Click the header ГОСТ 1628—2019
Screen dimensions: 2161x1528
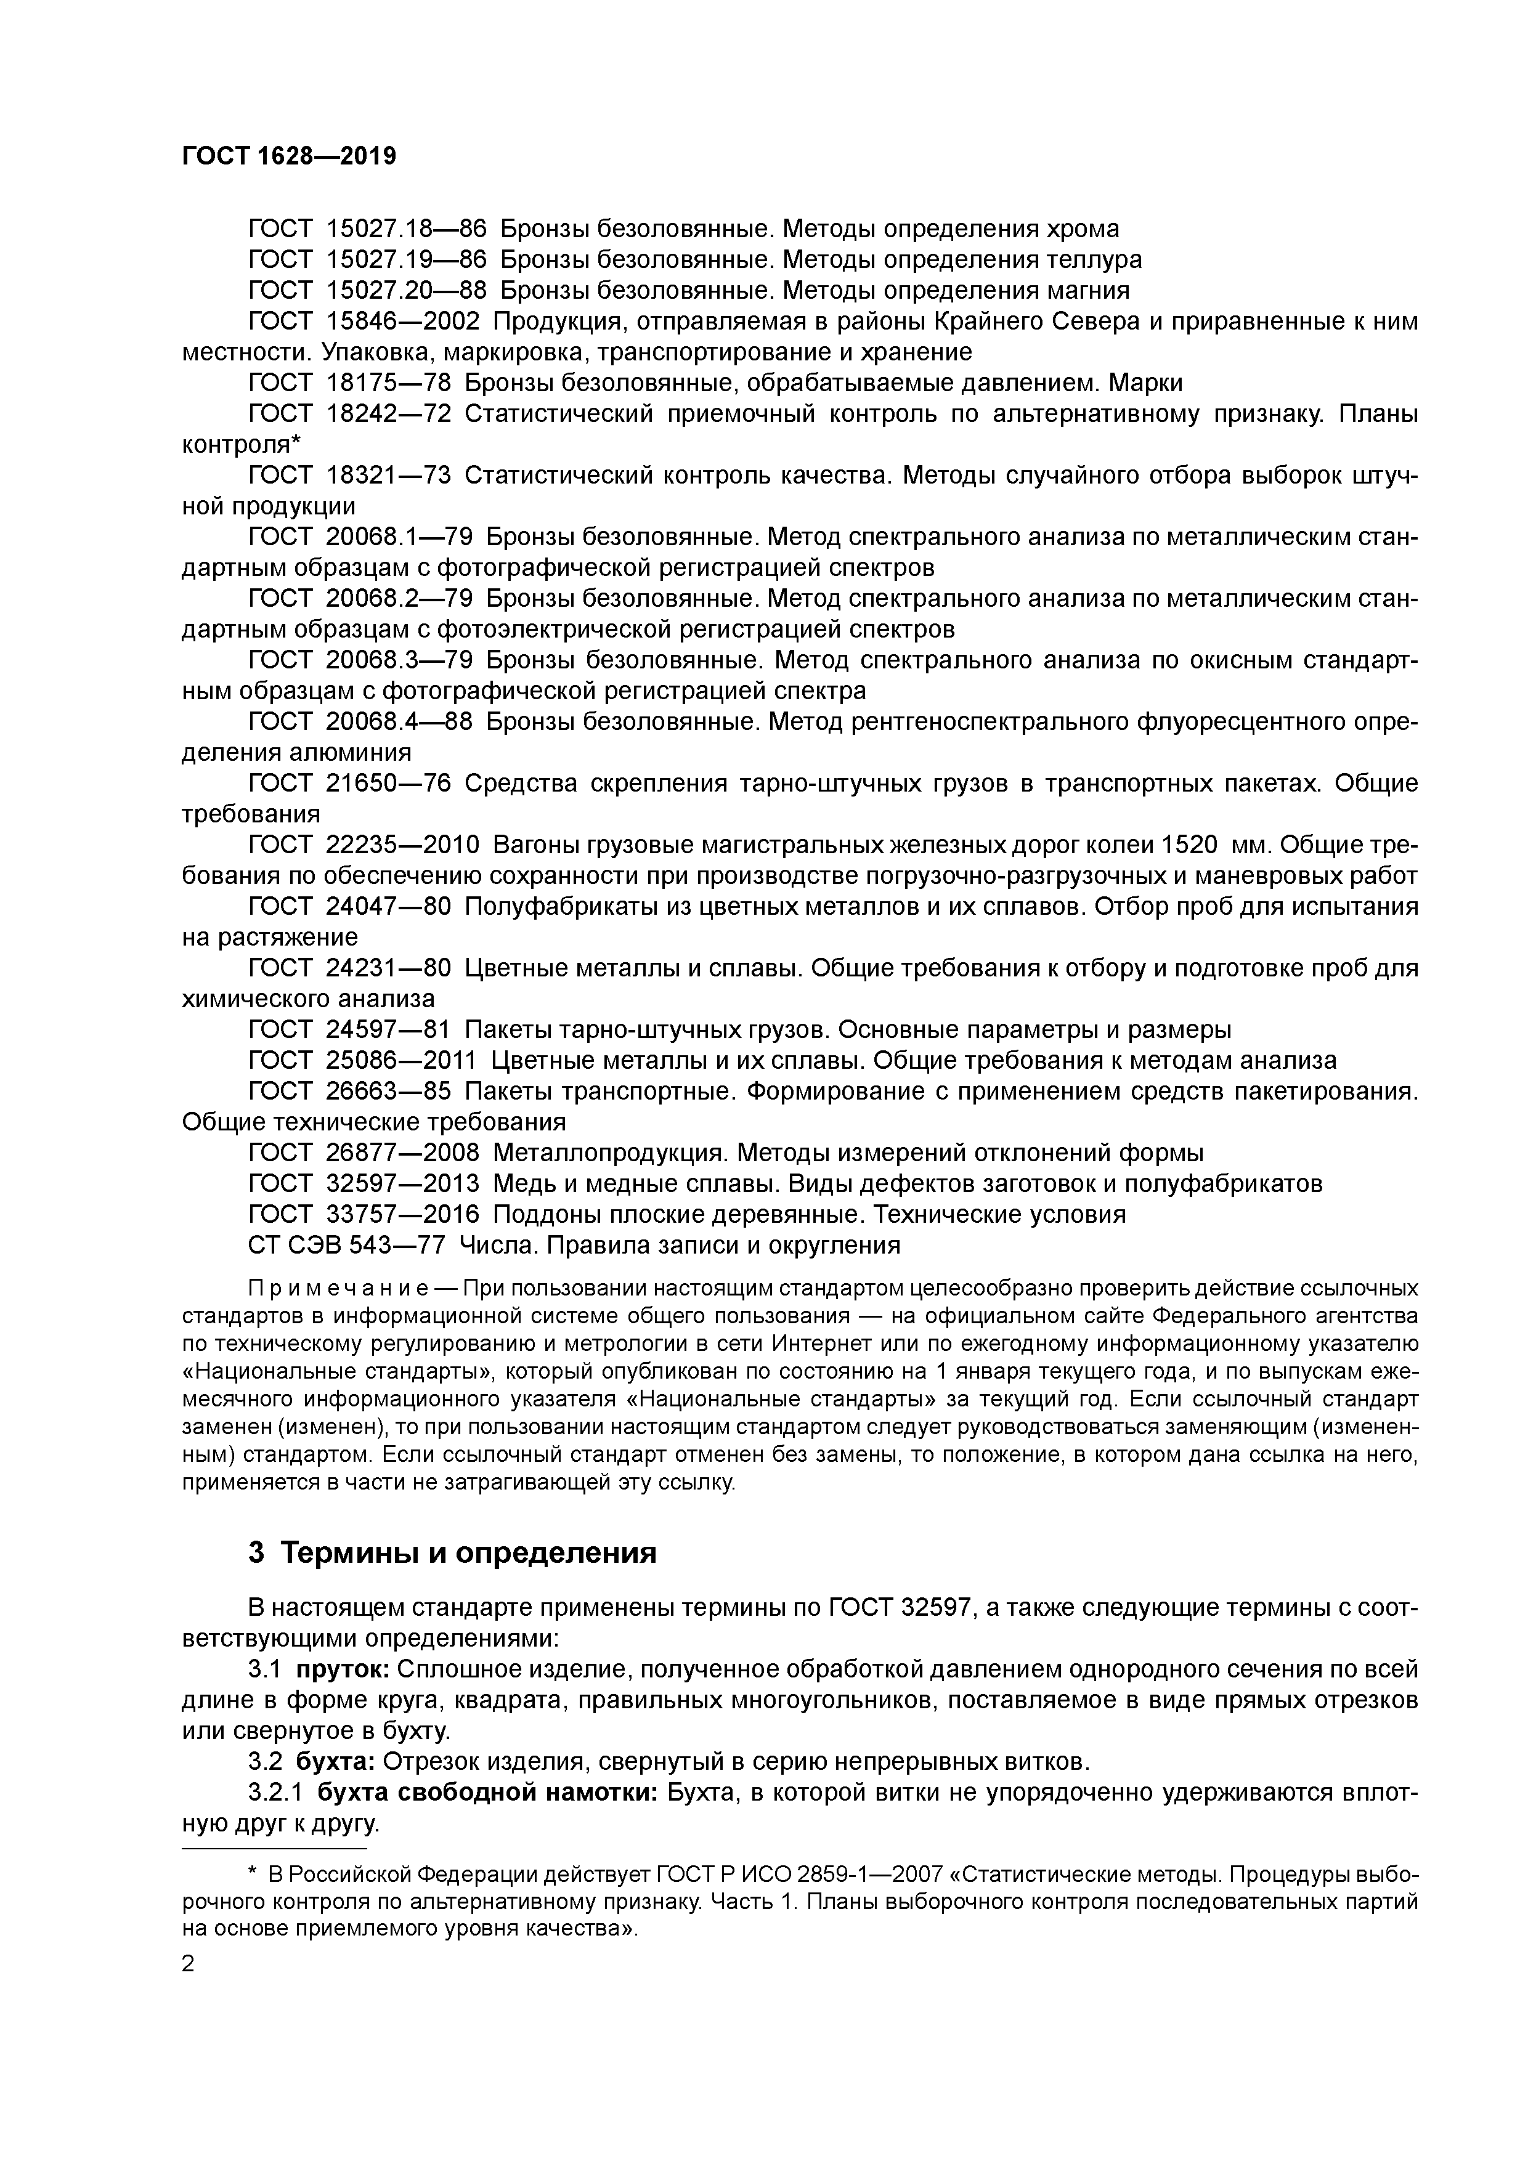(x=289, y=156)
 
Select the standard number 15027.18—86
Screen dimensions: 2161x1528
(x=406, y=229)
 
